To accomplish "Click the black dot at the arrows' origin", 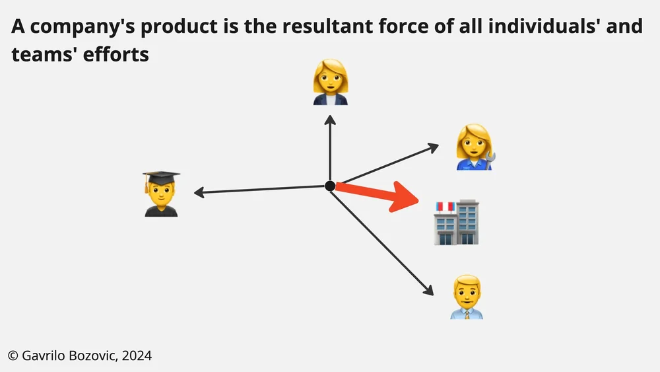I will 330,186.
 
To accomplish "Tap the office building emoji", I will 456,222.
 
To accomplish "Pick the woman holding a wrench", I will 475,148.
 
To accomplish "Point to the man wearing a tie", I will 467,297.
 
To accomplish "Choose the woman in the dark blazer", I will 330,82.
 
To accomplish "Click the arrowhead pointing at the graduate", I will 198,193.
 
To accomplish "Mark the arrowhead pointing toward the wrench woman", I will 436,145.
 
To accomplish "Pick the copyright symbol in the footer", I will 12,355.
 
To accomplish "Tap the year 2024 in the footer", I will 136,355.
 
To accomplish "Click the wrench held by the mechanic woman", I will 491,159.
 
